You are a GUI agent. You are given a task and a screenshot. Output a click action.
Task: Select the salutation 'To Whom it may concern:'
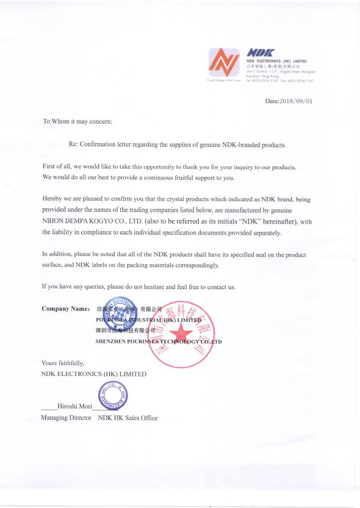(x=77, y=121)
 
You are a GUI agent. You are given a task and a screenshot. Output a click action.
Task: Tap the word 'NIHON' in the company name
(x=53, y=221)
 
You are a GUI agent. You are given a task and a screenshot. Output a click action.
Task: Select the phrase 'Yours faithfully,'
(x=62, y=363)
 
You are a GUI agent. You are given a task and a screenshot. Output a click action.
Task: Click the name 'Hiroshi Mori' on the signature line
(x=75, y=406)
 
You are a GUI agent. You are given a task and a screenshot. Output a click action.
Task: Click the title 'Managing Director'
(x=66, y=418)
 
